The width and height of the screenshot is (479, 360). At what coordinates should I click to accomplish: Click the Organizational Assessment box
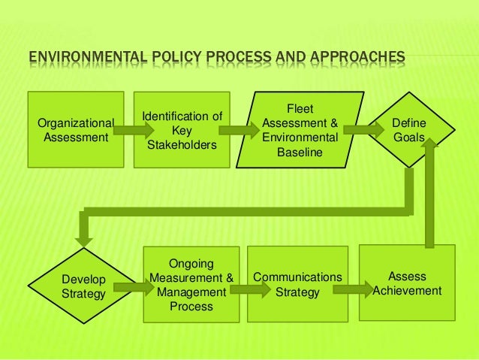click(x=75, y=129)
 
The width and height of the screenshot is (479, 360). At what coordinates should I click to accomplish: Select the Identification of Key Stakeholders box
click(x=182, y=130)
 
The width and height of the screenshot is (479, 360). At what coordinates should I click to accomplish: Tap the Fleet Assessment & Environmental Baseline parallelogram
click(x=300, y=130)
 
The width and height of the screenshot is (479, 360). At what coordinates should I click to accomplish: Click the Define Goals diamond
click(x=409, y=129)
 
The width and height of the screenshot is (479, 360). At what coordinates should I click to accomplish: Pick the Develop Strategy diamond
click(x=83, y=286)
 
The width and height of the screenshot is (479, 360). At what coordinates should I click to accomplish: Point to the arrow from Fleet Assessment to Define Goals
click(x=363, y=129)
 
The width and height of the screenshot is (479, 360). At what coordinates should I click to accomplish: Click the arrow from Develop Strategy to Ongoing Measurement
click(x=134, y=286)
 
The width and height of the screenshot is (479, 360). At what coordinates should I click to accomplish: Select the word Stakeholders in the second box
click(x=182, y=144)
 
